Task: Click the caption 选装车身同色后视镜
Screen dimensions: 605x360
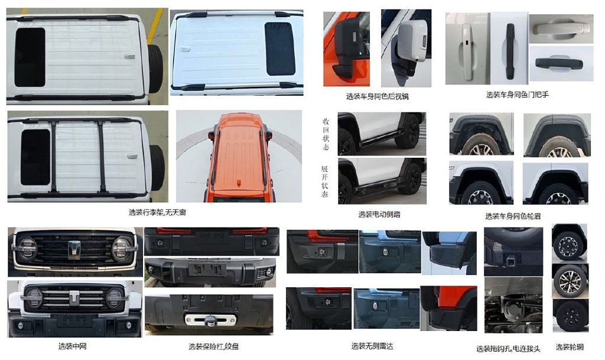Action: click(x=377, y=96)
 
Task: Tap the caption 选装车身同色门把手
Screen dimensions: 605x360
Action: click(x=517, y=95)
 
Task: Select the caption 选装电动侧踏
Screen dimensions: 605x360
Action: click(x=379, y=215)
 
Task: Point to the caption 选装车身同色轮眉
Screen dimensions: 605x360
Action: click(x=513, y=216)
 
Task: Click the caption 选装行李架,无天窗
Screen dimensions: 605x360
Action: click(x=157, y=212)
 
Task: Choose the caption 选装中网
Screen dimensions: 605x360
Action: click(x=72, y=346)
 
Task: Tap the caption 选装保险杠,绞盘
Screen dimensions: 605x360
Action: click(x=213, y=346)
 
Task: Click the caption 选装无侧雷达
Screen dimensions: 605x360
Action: click(x=372, y=346)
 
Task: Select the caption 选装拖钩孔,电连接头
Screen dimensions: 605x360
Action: click(x=508, y=349)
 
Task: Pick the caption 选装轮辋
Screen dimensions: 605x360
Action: click(x=570, y=347)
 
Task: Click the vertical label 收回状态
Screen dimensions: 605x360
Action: click(x=326, y=134)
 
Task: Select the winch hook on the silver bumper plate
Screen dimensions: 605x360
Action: click(x=210, y=320)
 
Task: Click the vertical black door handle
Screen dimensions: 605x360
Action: click(x=510, y=51)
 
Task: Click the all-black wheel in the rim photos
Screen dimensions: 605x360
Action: click(x=570, y=317)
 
